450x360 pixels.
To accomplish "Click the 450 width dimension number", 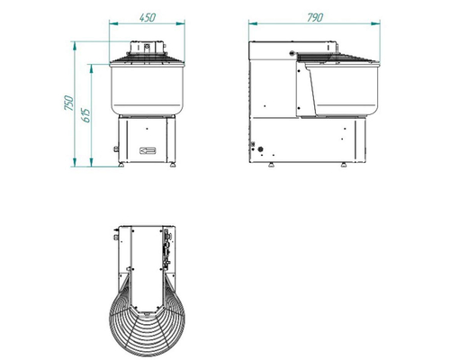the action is [148, 17].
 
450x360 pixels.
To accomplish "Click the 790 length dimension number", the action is [315, 18].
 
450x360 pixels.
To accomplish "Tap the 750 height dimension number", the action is [69, 103].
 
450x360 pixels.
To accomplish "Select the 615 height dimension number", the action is [86, 115].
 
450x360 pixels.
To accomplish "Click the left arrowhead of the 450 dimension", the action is [113, 23].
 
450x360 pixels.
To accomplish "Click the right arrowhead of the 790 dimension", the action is [375, 23].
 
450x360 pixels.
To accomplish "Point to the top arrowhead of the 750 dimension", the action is [75, 47].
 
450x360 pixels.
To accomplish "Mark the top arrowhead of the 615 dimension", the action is [91, 68].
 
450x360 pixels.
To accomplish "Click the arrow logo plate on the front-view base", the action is [148, 150].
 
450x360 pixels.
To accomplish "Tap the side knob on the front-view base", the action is [115, 148].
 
